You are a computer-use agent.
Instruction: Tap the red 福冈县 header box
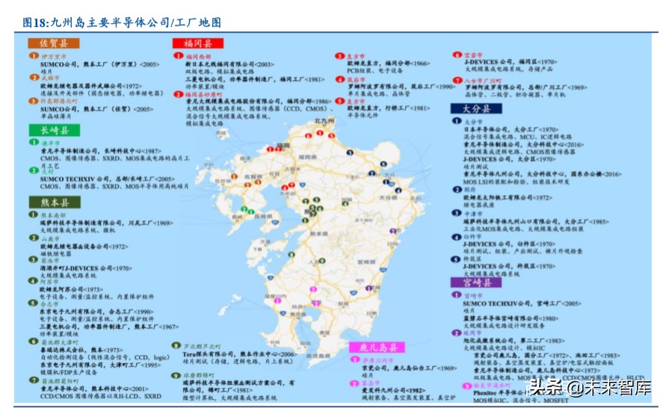[197, 43]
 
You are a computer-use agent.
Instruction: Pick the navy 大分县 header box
[476, 108]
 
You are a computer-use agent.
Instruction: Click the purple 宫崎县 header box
[476, 283]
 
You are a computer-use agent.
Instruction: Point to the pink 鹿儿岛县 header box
[377, 347]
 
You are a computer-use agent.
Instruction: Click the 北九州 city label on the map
[323, 120]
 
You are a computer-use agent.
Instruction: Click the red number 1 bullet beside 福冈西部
[178, 55]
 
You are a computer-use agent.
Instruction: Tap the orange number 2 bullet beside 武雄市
[33, 77]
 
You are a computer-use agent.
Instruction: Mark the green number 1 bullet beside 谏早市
[33, 142]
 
